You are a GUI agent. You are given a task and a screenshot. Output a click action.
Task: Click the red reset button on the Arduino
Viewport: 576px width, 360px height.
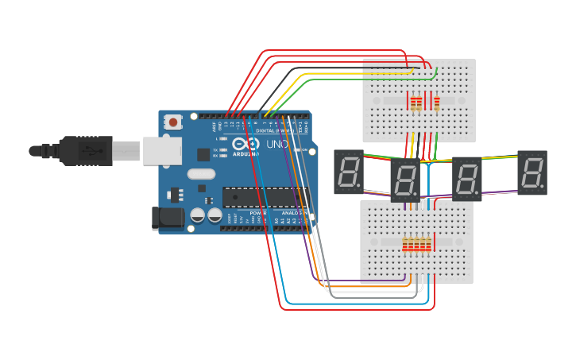point(172,122)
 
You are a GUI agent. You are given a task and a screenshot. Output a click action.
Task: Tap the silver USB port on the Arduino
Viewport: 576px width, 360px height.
point(162,150)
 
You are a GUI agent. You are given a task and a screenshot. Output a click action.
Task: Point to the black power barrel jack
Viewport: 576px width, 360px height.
point(167,218)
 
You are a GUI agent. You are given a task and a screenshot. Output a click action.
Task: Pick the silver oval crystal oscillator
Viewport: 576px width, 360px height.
point(201,173)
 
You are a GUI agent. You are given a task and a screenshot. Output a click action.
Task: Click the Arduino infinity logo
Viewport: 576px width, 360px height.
point(244,144)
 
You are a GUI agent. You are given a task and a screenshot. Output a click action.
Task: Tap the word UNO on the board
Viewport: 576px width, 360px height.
point(276,144)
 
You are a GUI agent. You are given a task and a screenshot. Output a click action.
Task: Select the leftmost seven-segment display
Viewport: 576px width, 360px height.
point(348,172)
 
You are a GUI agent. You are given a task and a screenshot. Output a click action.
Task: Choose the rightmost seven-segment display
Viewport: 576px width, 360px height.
point(532,172)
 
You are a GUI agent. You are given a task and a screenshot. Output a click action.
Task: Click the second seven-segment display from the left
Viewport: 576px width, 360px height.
point(405,180)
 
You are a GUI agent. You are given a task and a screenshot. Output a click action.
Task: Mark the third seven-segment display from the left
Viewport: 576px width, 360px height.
point(467,178)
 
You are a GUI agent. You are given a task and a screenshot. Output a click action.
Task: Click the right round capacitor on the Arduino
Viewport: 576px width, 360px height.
point(215,215)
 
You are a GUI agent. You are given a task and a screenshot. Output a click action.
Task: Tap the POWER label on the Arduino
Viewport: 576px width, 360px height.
point(258,213)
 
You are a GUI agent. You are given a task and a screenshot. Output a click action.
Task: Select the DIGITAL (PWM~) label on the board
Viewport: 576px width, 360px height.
point(270,130)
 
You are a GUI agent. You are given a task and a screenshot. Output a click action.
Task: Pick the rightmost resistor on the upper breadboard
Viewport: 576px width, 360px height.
point(436,103)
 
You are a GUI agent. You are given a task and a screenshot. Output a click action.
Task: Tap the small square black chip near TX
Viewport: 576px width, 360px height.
point(203,154)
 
